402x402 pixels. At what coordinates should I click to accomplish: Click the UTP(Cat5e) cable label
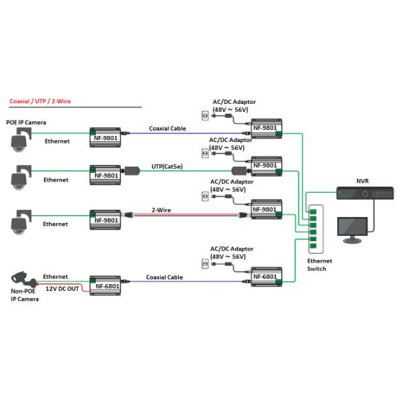[x=167, y=165]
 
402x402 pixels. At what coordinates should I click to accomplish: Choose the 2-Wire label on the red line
[x=161, y=210]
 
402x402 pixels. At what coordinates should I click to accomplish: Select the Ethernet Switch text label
[x=319, y=265]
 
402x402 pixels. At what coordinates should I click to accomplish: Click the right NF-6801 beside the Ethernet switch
[x=265, y=275]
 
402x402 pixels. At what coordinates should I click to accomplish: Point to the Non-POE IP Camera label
[x=25, y=295]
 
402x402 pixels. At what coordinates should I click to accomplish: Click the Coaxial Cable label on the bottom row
[x=165, y=277]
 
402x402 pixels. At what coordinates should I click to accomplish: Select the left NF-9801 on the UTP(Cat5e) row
[x=106, y=176]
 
